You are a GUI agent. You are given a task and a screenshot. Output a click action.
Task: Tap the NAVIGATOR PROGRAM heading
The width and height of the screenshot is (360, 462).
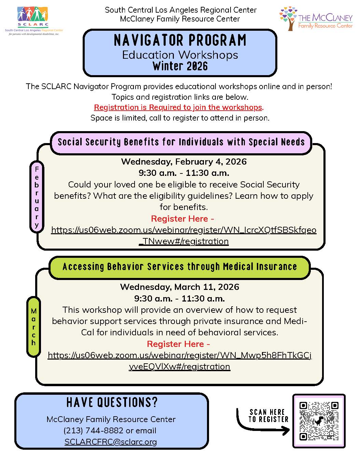click(x=180, y=40)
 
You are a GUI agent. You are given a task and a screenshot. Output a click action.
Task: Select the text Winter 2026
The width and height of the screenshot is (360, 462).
click(x=180, y=66)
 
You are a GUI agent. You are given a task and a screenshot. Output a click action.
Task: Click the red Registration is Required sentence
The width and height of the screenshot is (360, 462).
click(x=179, y=107)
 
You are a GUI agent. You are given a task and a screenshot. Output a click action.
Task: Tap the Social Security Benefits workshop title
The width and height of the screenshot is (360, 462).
click(x=181, y=142)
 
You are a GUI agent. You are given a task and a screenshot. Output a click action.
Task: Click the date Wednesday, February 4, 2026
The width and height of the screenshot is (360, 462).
click(x=184, y=162)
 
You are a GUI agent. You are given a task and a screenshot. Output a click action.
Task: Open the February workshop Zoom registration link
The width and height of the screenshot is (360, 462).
click(x=184, y=230)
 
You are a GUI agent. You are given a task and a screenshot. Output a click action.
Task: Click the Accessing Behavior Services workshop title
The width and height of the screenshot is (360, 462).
click(x=180, y=267)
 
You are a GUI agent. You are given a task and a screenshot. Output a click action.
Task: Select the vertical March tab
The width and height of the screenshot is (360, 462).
click(x=33, y=327)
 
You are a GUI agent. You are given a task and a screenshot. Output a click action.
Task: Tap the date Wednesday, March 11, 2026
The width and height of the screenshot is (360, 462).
click(x=180, y=287)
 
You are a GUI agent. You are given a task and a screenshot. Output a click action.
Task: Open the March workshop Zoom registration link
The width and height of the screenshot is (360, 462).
click(x=180, y=355)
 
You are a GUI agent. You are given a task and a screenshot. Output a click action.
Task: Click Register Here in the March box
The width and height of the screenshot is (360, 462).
click(x=178, y=344)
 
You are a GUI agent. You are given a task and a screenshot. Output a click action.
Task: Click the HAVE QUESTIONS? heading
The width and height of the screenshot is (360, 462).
click(x=112, y=403)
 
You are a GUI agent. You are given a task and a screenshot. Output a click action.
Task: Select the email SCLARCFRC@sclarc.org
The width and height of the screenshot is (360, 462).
click(x=111, y=442)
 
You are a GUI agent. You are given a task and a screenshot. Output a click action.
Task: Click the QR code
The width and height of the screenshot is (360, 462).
click(x=319, y=421)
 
